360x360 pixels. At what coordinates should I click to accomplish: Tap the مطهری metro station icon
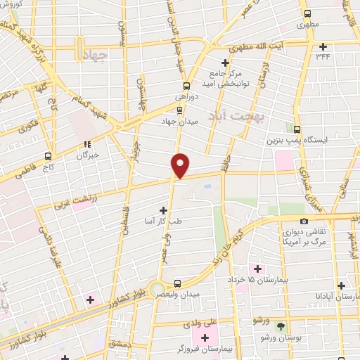coord(307,13)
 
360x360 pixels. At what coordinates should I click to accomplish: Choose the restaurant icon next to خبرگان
coord(87,145)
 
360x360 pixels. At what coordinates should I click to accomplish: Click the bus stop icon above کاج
coord(48,156)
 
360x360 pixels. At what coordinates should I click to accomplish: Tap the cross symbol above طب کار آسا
coord(163,210)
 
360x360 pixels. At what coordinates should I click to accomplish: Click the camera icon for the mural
coord(304,222)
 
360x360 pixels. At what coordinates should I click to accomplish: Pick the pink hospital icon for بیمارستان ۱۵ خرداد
coord(256,269)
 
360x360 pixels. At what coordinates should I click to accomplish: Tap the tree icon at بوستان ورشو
coord(281,327)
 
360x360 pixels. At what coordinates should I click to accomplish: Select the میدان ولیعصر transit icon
coord(177,283)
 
